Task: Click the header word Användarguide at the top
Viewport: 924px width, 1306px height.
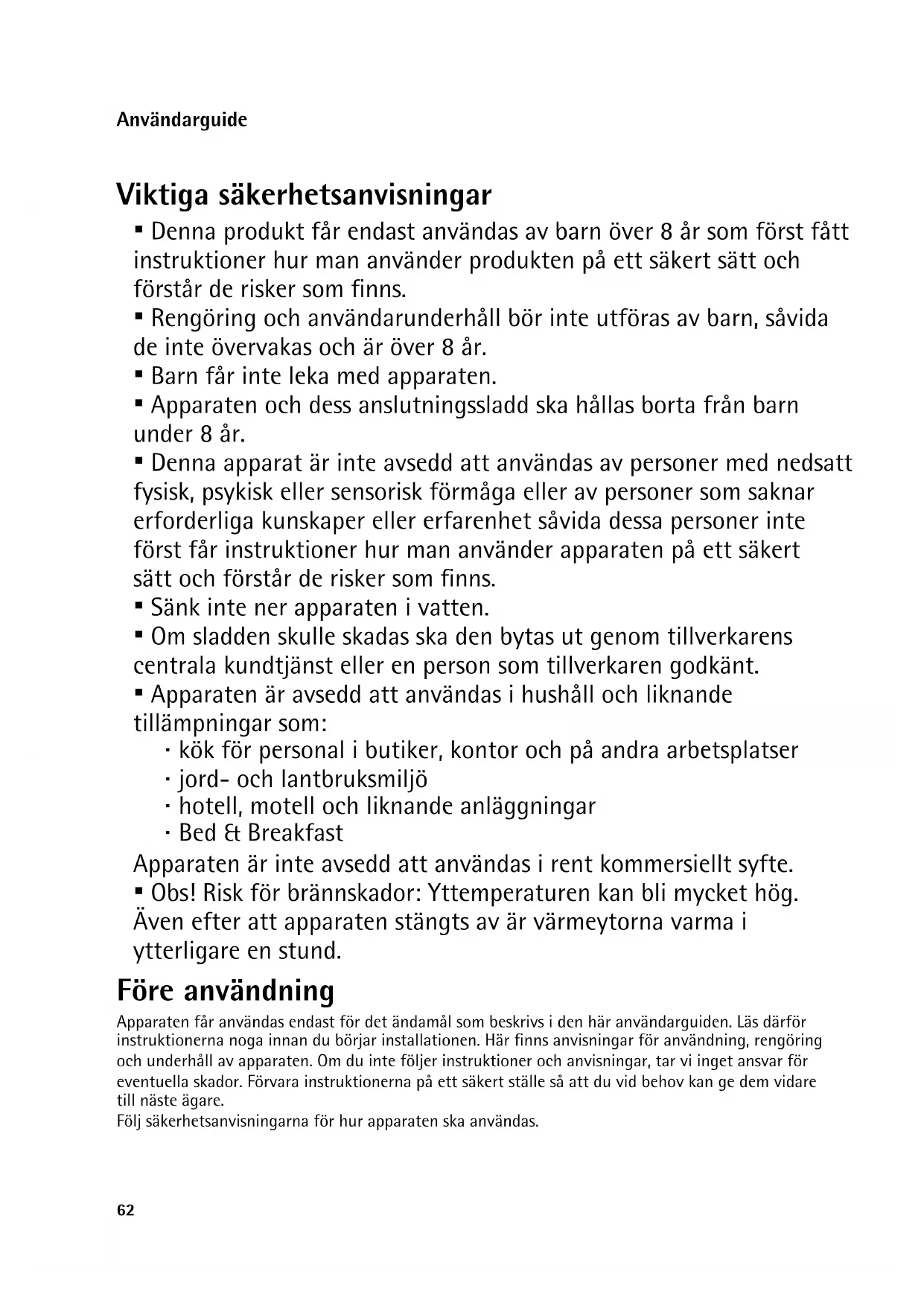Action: [182, 120]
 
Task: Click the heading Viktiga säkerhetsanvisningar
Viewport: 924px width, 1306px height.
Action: [304, 195]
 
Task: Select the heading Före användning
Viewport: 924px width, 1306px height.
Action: [226, 991]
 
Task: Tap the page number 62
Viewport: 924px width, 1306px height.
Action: [126, 1210]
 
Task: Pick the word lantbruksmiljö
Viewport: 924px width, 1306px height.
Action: [354, 779]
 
